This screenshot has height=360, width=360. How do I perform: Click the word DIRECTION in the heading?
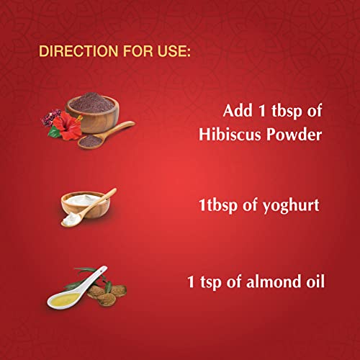point(78,51)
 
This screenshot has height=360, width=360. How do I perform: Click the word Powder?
point(294,134)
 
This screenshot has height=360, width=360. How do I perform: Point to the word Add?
point(238,111)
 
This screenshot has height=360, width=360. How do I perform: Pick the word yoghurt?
point(291,207)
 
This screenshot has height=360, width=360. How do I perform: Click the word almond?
point(274,281)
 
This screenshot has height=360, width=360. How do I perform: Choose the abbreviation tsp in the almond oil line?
point(210,282)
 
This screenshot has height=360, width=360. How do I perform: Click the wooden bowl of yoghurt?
point(84,204)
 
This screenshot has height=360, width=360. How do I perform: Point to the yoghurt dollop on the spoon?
point(71,220)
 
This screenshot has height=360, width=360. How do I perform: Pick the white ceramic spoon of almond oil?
point(75,289)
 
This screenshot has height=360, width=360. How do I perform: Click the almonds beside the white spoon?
point(107,294)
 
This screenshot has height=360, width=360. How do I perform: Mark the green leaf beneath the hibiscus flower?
point(55,132)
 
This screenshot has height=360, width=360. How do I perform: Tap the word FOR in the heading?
point(138,51)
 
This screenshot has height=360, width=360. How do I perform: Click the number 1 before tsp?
point(191,282)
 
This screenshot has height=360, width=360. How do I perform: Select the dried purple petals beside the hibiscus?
point(50,117)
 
